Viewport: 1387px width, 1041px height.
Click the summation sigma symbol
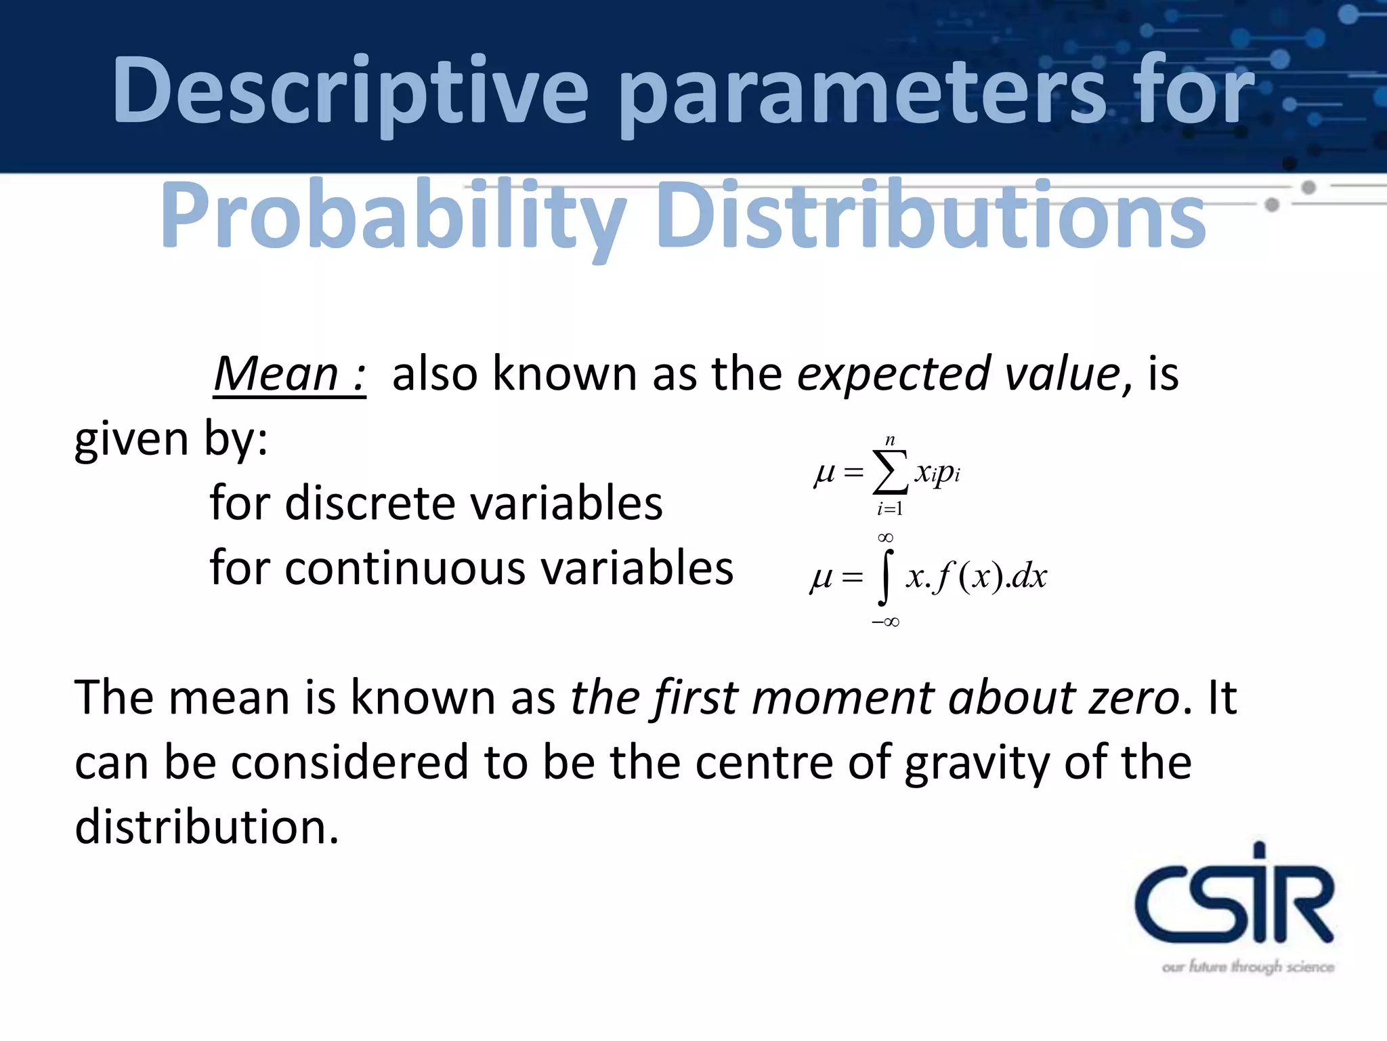pyautogui.click(x=890, y=472)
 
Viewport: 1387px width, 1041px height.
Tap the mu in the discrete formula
pyautogui.click(x=824, y=472)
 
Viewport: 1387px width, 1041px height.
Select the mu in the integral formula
pyautogui.click(x=821, y=577)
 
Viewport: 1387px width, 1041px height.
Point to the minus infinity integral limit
pyautogui.click(x=885, y=622)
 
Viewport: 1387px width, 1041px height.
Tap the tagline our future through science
pyautogui.click(x=1247, y=966)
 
